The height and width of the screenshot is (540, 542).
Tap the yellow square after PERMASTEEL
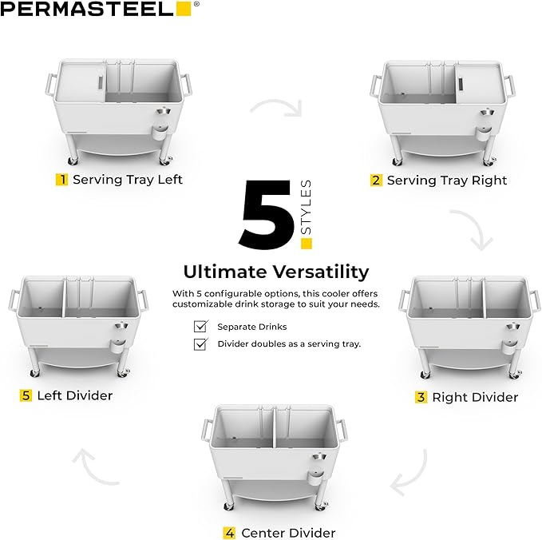point(184,9)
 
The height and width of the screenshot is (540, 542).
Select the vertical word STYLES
point(307,206)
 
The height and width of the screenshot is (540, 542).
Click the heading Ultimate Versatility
point(275,271)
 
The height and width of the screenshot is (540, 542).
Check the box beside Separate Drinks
point(201,327)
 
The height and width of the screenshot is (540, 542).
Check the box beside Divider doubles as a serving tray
point(201,344)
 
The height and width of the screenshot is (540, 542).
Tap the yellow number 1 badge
point(61,179)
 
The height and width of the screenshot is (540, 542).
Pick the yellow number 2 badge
point(376,180)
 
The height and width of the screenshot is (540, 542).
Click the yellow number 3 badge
point(421,397)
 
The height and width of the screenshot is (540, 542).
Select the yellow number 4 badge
point(229,533)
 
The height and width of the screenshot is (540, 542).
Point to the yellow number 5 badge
point(26,395)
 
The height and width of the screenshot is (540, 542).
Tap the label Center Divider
point(288,533)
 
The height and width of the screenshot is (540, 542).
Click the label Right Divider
point(475,397)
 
